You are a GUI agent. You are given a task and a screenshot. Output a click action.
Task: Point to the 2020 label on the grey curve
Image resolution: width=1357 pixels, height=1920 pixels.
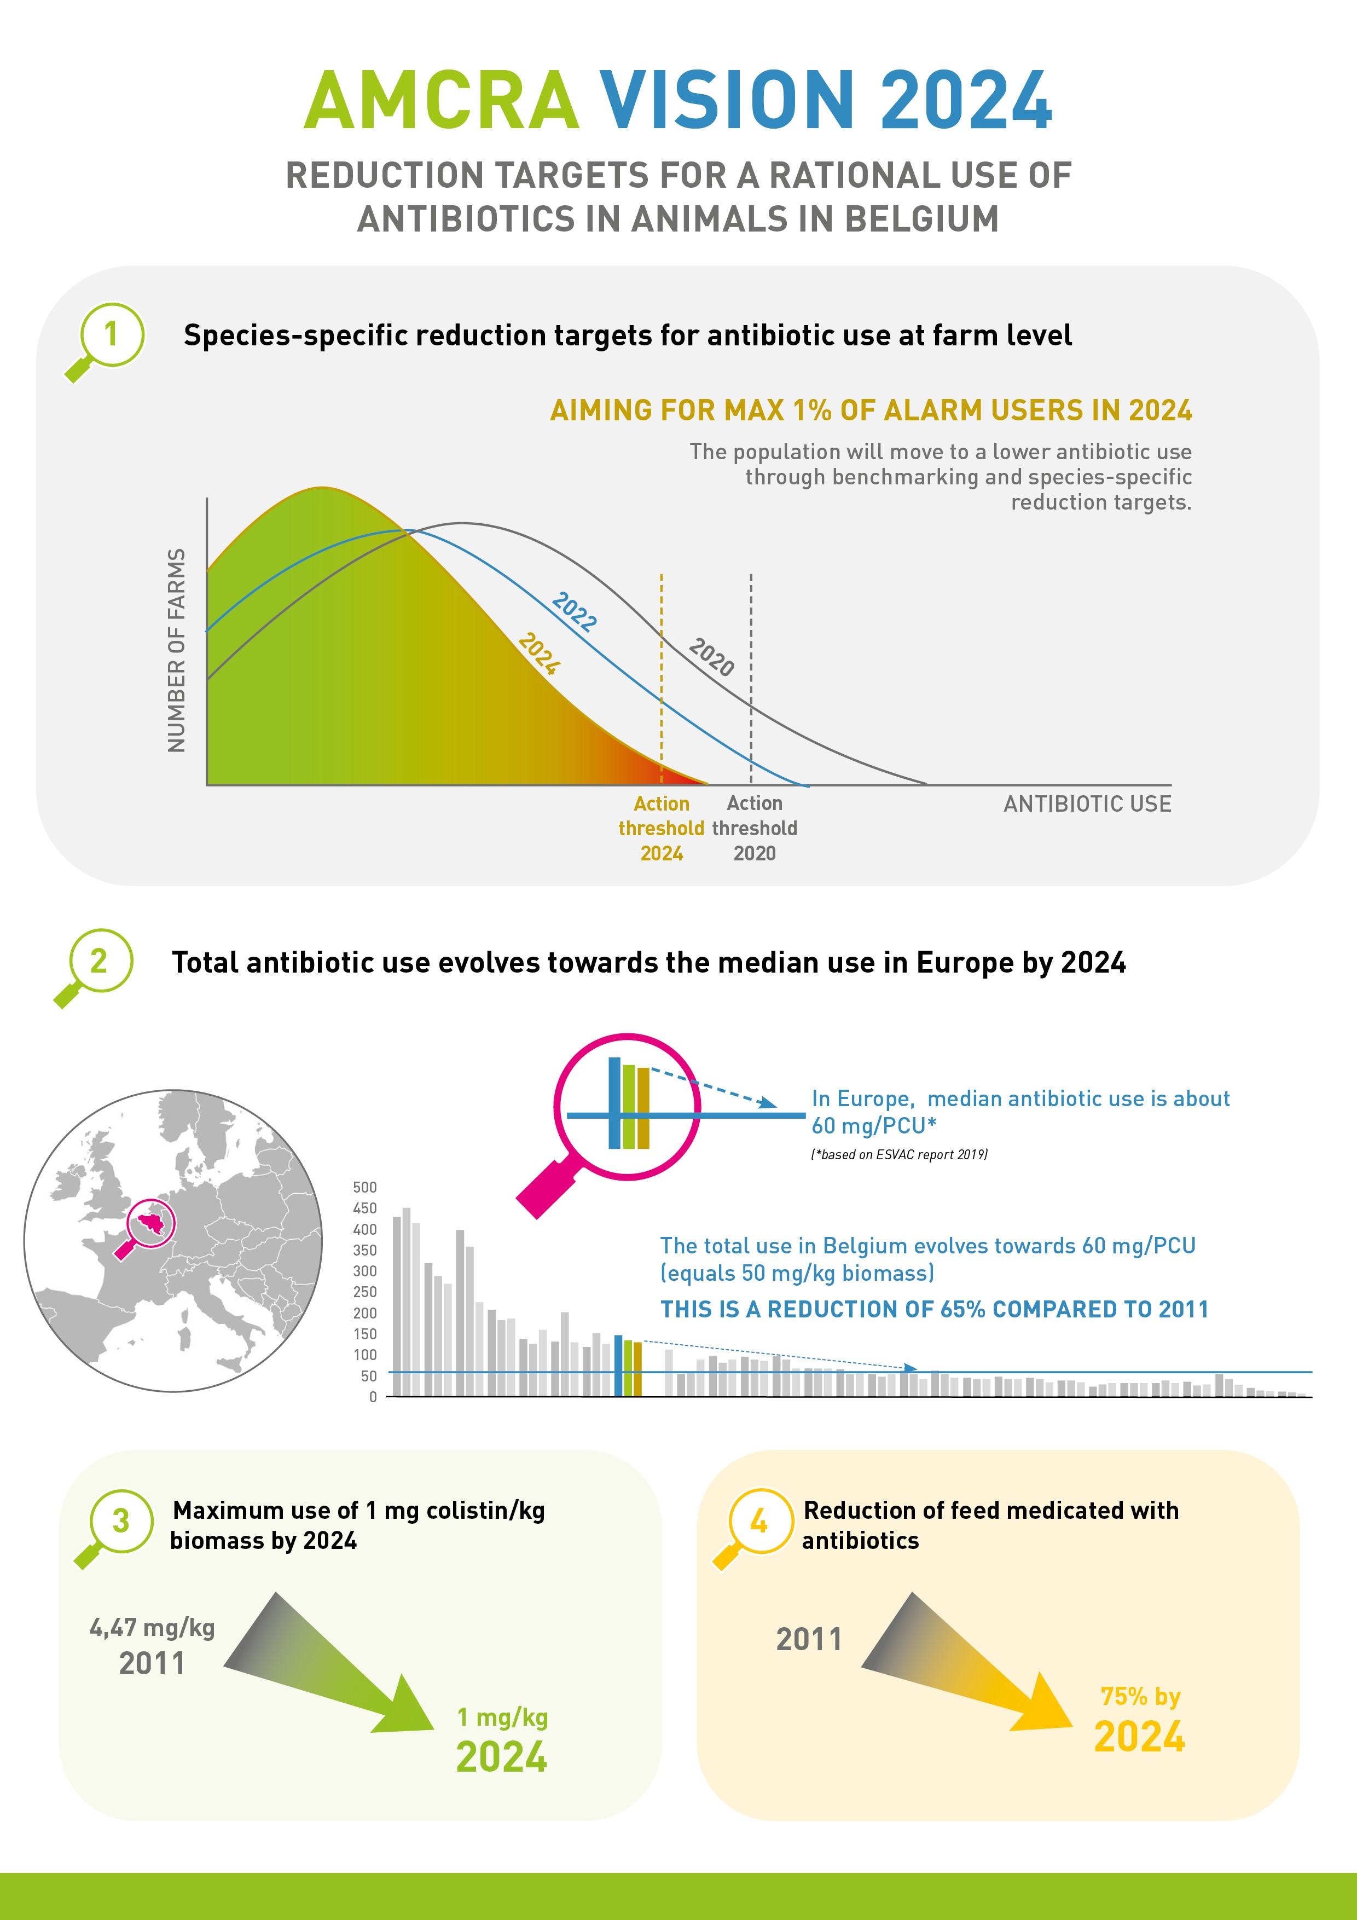click(x=711, y=657)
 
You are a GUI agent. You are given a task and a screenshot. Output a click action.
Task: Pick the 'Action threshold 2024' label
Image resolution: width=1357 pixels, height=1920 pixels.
click(x=662, y=828)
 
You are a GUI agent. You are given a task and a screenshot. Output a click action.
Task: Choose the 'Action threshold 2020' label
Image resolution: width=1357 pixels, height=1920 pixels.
click(x=754, y=828)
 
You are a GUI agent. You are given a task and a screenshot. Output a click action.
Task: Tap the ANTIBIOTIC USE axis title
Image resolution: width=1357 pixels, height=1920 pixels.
click(x=1087, y=805)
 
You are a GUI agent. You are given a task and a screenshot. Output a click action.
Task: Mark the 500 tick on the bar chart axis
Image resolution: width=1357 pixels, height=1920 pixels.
click(x=364, y=1188)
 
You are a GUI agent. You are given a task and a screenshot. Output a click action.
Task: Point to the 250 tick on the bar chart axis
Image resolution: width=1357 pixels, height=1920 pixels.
click(x=364, y=1292)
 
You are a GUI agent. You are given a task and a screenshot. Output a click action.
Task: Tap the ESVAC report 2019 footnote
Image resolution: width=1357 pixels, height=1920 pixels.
click(x=899, y=1155)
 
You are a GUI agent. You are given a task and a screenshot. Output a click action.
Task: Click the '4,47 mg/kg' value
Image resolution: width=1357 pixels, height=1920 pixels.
click(x=152, y=1628)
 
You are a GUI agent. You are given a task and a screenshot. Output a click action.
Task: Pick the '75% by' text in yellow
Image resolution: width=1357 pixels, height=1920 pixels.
click(x=1140, y=1697)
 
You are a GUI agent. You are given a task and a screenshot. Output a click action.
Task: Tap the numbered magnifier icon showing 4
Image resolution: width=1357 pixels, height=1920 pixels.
click(x=757, y=1523)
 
